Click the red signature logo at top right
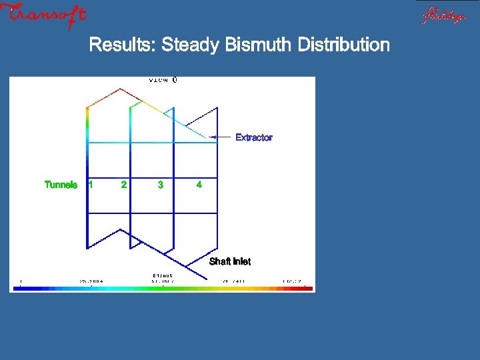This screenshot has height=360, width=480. pos(443,15)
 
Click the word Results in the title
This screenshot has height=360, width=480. pos(122,45)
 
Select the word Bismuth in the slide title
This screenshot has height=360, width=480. pos(260,45)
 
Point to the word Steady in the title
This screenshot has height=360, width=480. pos(191,45)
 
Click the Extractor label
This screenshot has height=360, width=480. pos(253,137)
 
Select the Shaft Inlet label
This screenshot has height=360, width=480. pos(230,261)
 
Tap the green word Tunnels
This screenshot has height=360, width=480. pos(61,185)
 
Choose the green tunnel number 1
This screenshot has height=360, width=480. pos(91,185)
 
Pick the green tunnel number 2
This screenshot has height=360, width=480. pos(123,185)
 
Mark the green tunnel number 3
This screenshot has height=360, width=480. pos(160,185)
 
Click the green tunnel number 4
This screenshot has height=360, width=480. pos(199,185)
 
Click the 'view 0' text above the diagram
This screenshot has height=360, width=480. pos(163,80)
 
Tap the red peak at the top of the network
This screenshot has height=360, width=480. pos(119,89)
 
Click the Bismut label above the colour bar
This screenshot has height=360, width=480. pos(163,275)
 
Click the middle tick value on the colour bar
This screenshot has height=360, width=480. pos(163,281)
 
